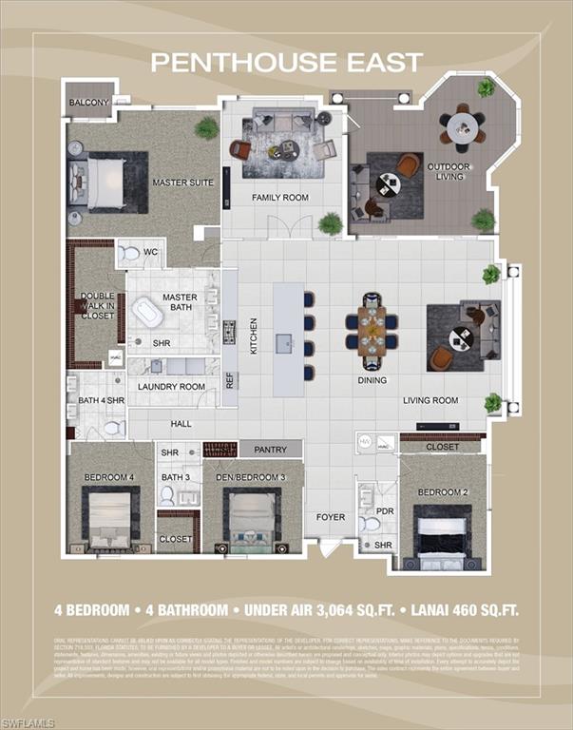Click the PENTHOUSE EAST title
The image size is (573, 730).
(286, 63)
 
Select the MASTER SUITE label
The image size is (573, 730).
(182, 182)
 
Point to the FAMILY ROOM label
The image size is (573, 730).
(279, 198)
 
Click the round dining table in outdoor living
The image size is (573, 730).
(462, 125)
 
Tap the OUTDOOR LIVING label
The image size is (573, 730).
(449, 170)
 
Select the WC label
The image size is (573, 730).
(150, 253)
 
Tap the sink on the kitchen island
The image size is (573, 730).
(284, 341)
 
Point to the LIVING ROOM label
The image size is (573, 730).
(430, 400)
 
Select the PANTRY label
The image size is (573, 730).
(270, 449)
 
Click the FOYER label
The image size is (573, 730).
(331, 517)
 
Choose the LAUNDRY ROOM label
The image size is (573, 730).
(171, 387)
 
